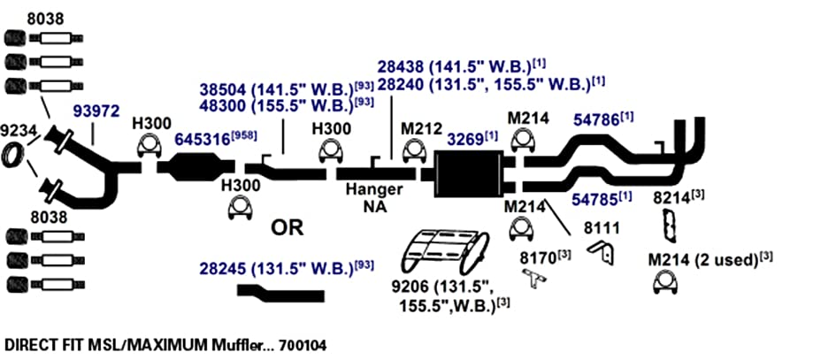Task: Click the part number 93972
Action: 96,111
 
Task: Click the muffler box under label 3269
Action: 468,173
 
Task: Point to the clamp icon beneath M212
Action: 413,150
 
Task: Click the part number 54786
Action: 597,120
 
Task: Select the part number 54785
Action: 596,200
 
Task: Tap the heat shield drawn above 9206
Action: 447,250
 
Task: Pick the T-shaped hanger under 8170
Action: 534,280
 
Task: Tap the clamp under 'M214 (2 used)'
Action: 665,284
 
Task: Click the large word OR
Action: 288,227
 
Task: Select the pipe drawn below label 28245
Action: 280,293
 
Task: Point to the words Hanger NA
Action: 374,197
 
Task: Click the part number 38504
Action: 224,89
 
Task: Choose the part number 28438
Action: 402,67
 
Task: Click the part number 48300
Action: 224,104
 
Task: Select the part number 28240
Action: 402,84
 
